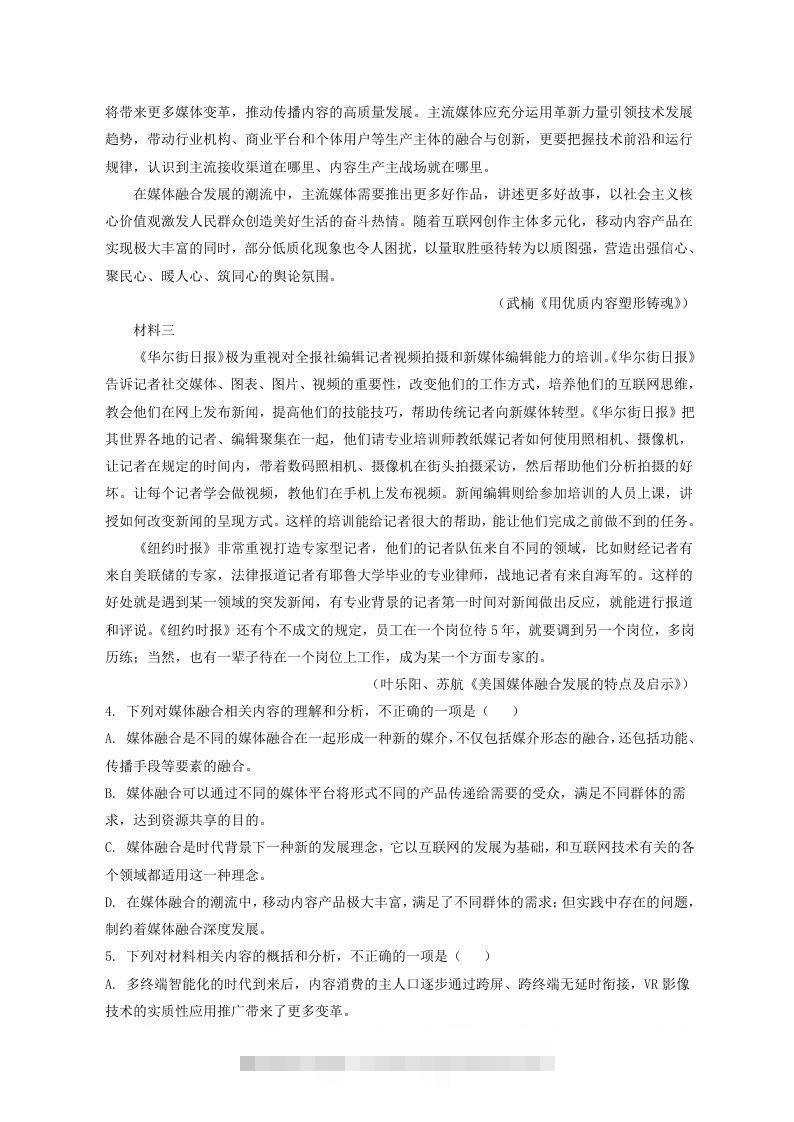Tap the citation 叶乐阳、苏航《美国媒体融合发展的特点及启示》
529,684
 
